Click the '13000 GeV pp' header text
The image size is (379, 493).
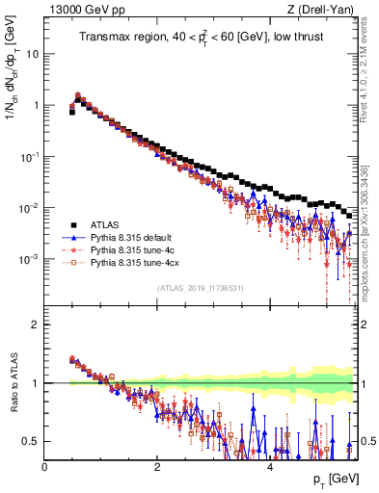click(x=80, y=11)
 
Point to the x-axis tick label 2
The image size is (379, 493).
click(x=157, y=466)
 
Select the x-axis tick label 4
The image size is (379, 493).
click(x=269, y=466)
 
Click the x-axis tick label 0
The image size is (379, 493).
click(x=45, y=466)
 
